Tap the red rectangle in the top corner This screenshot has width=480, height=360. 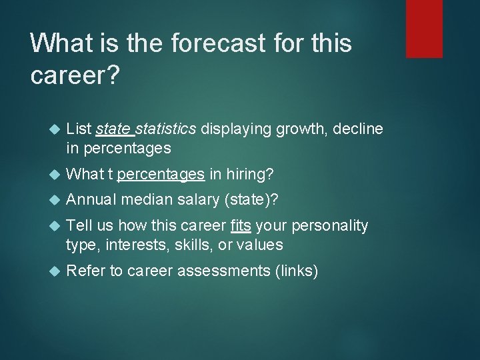coord(425,28)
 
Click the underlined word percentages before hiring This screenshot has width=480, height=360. coord(161,174)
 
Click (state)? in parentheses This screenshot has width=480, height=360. coord(255,200)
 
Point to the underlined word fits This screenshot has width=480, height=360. coord(241,226)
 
